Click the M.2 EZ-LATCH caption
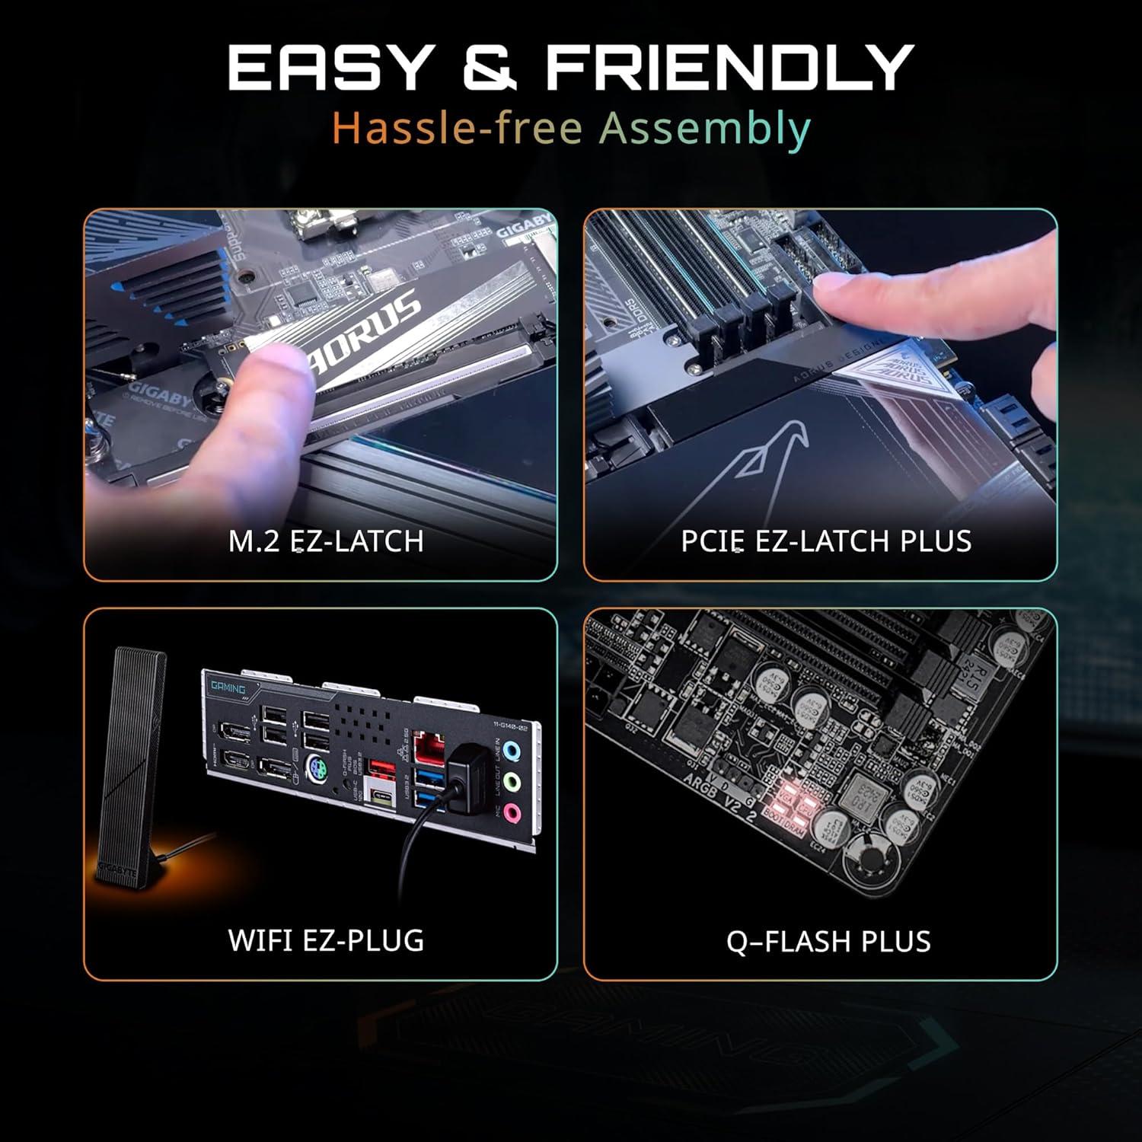coord(326,541)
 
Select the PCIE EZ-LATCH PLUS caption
coord(826,541)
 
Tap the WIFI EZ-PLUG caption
coord(326,940)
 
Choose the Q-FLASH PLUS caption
coord(828,942)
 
